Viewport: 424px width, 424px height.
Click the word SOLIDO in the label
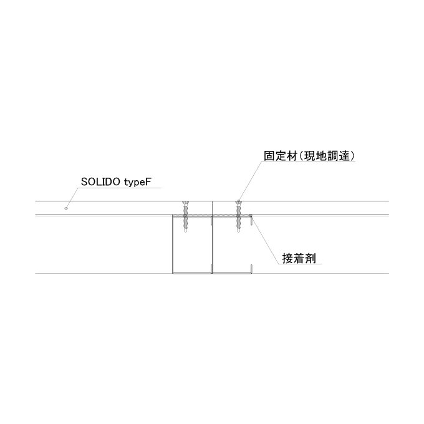(x=100, y=182)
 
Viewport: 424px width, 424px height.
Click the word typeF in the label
(x=137, y=183)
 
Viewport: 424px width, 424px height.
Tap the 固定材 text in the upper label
(x=281, y=156)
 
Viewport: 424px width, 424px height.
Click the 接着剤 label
(x=299, y=259)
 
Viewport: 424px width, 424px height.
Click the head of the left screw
(x=186, y=203)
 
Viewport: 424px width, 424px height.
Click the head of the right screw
(x=238, y=203)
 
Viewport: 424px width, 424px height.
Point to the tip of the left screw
(x=186, y=232)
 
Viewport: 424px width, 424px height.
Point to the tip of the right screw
(x=238, y=232)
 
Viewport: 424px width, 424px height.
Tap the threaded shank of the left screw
(x=186, y=217)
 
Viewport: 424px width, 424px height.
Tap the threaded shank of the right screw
(x=238, y=217)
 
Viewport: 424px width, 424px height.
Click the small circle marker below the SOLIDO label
(x=65, y=208)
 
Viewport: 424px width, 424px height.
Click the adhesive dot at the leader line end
(x=251, y=216)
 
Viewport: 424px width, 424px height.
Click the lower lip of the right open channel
(x=251, y=269)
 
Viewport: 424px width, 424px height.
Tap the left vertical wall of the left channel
(x=173, y=244)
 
